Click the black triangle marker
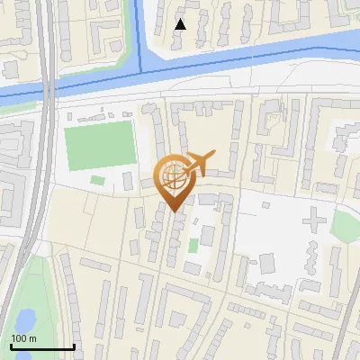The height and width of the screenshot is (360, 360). [181, 23]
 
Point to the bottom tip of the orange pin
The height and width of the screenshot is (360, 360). [174, 211]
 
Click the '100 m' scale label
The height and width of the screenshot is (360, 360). [23, 337]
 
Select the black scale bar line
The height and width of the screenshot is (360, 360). [42, 346]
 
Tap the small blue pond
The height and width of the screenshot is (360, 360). [24, 319]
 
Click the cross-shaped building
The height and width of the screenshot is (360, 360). [314, 219]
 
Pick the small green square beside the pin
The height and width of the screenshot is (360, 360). [193, 246]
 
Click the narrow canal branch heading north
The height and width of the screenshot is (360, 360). [139, 31]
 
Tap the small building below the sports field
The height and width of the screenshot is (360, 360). [97, 181]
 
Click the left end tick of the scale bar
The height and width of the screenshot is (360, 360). [11, 345]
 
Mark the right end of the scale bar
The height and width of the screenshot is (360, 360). [74, 345]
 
